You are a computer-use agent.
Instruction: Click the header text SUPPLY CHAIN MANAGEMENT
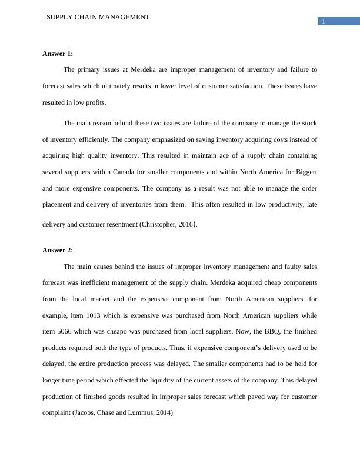point(98,17)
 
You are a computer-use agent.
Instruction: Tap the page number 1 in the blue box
point(323,22)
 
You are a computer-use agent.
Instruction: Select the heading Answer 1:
point(58,54)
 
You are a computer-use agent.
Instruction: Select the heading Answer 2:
point(58,250)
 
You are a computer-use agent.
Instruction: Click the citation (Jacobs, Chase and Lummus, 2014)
point(123,413)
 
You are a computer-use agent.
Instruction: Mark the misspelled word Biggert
point(304,172)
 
